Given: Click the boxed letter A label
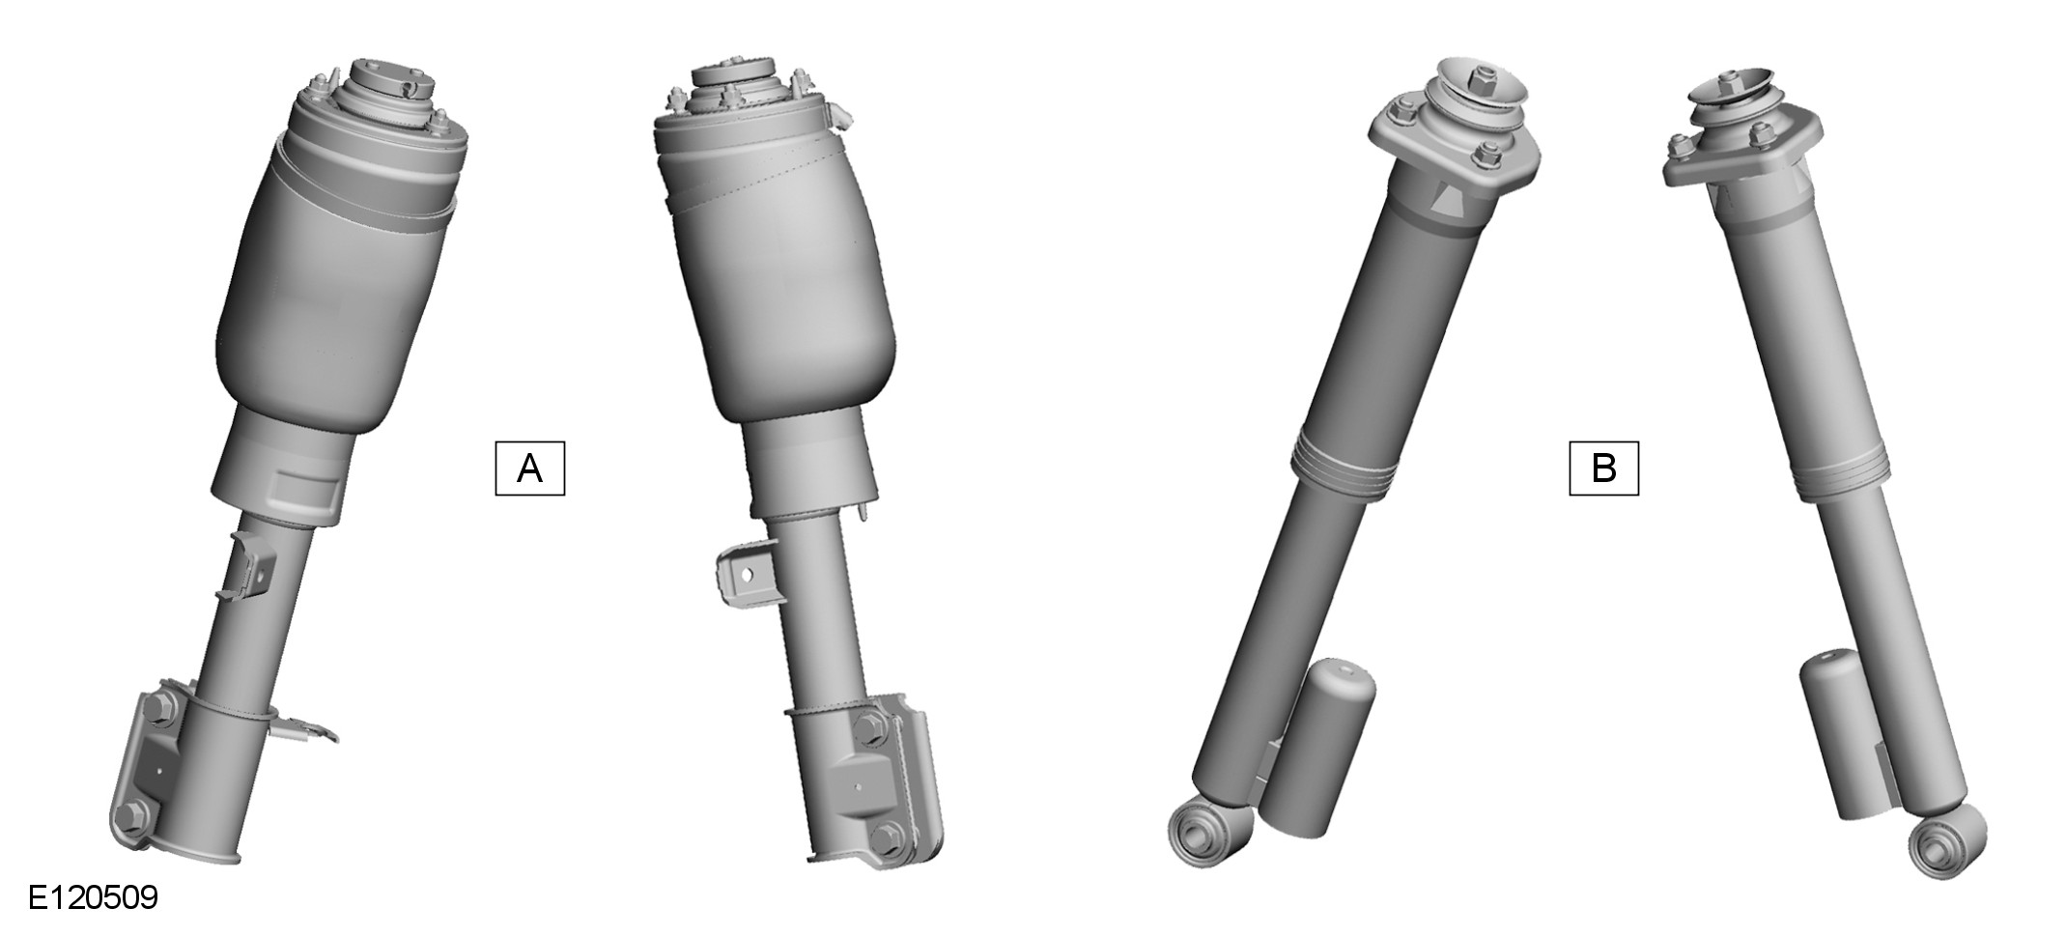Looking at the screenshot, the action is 529,468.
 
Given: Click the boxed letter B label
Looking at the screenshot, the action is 1603,468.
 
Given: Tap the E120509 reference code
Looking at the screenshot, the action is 93,897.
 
